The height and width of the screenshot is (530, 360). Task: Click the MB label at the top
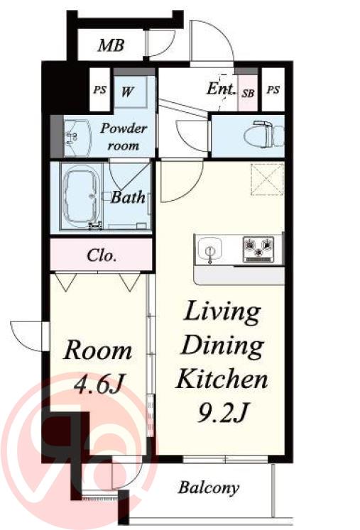[x=111, y=45]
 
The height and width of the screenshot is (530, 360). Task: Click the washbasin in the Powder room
[x=77, y=136]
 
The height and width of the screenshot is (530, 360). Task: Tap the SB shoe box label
[x=248, y=93]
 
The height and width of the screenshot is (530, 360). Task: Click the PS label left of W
[x=100, y=90]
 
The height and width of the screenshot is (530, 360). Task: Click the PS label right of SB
[x=273, y=90]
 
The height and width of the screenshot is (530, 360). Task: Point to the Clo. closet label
[x=102, y=255]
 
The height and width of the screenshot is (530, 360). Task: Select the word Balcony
[x=209, y=487]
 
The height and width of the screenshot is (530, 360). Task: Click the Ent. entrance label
[x=221, y=89]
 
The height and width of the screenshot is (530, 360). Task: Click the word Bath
[x=128, y=197]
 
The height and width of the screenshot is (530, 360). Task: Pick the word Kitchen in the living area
[x=222, y=379]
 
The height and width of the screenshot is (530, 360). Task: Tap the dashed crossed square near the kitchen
[x=267, y=180]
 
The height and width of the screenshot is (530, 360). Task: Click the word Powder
[x=124, y=128]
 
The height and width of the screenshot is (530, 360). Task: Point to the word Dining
[x=222, y=346]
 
